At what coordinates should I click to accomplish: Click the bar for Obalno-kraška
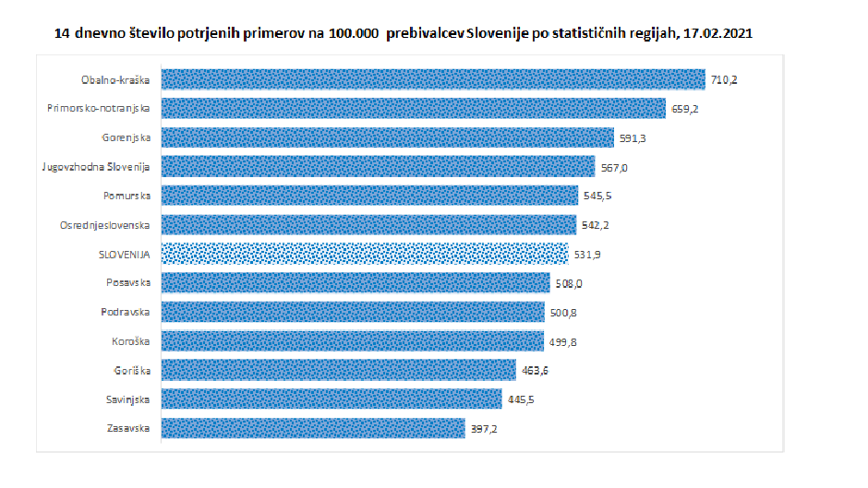point(432,79)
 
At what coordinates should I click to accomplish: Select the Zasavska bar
point(312,428)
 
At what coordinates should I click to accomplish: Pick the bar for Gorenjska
point(387,137)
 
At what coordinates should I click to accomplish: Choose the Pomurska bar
point(369,196)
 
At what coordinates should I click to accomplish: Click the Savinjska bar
point(331,399)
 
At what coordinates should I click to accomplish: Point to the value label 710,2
point(724,80)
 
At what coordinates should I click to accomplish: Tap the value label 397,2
point(483,428)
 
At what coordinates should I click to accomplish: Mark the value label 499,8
point(562,341)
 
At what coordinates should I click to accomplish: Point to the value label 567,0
point(613,167)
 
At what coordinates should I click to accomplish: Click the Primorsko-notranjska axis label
point(99,109)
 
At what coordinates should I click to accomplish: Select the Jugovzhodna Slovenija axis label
point(96,167)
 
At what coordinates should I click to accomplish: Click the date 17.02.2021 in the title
point(716,34)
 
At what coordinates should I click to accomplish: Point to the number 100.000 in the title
point(356,34)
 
